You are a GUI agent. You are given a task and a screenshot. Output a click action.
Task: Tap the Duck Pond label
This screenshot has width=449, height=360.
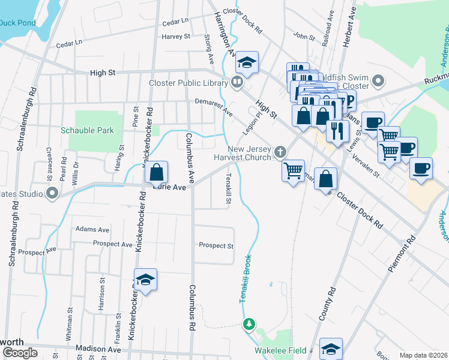tap(18, 23)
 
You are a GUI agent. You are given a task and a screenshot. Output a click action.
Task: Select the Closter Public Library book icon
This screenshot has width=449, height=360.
tap(238, 83)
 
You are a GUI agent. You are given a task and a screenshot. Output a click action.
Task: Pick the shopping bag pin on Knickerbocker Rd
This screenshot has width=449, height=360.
tap(156, 173)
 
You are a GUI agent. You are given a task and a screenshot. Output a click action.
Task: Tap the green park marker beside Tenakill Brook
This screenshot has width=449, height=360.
tap(249, 325)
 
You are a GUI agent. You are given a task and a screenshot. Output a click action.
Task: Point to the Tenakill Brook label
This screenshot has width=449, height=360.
tap(245, 280)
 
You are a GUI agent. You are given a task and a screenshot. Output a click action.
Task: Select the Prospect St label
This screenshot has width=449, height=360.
tap(216, 245)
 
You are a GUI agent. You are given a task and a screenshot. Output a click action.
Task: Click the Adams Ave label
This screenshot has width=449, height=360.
tap(92, 229)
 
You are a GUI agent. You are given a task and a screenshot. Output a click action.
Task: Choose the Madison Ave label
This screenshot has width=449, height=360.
tap(98, 349)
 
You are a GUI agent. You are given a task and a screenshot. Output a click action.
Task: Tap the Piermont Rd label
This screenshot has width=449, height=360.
tap(402, 254)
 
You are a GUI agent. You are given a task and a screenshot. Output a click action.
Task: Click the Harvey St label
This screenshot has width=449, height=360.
tap(176, 37)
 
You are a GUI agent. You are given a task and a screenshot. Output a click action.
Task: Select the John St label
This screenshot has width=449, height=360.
tap(304, 37)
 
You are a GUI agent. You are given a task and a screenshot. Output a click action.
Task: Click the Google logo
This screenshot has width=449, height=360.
tap(19, 353)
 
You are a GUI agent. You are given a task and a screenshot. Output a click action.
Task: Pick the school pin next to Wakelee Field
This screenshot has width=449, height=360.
tap(331, 348)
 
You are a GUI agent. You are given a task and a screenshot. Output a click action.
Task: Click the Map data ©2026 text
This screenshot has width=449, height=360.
tap(423, 355)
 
